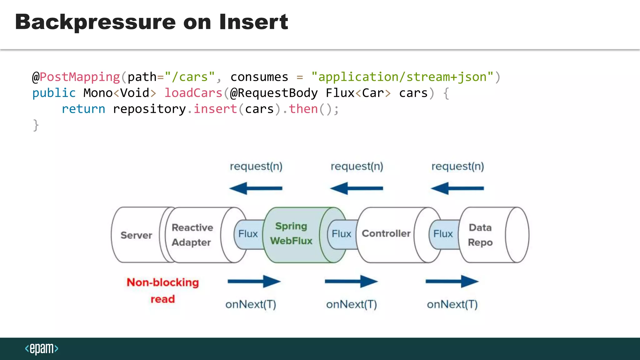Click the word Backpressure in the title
pos(95,22)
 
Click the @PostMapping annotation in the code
pos(76,77)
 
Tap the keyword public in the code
pos(54,93)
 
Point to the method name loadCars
pos(193,93)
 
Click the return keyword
pos(83,109)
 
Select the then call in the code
pos(303,109)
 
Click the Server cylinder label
pos(136,235)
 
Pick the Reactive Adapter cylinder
pos(192,235)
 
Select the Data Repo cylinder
pos(480,235)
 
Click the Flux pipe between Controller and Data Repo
pos(443,234)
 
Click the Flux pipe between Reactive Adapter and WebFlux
pos(248,234)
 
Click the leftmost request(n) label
pos(256,167)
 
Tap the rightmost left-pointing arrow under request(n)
pos(457,188)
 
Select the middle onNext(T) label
pos(352,304)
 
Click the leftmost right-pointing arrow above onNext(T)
pos(254,282)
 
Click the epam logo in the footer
pos(42,348)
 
